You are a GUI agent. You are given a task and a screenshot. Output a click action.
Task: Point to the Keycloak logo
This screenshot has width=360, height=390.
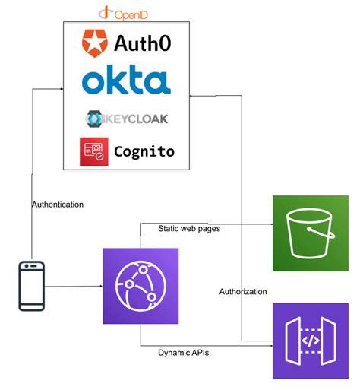point(127,119)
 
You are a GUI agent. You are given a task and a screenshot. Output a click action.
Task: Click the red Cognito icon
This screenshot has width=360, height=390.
point(94,151)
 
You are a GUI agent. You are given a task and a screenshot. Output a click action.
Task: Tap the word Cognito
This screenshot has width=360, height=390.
point(144,151)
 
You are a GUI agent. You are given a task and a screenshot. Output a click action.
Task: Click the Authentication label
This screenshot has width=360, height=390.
point(58,205)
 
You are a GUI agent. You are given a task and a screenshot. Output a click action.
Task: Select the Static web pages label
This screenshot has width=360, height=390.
point(189,228)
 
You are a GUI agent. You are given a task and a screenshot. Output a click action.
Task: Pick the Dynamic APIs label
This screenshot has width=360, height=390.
point(184,353)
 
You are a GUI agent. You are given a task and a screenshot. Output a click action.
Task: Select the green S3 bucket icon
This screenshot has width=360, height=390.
point(311,233)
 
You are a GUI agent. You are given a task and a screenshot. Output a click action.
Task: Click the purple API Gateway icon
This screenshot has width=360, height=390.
point(311,341)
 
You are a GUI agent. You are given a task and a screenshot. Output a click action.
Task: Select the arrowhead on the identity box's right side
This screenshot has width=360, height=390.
point(193,95)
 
